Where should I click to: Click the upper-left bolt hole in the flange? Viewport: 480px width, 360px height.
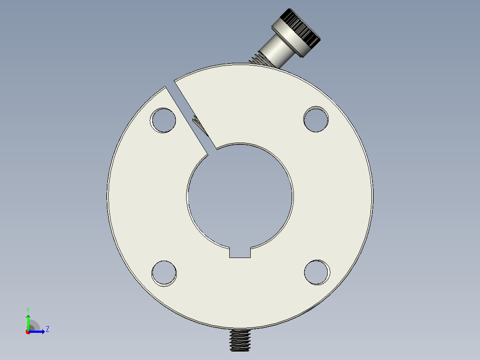163,120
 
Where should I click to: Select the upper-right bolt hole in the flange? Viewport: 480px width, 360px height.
316,119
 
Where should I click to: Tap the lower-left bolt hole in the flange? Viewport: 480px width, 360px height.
164,273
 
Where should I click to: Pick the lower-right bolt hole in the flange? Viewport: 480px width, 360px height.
317,272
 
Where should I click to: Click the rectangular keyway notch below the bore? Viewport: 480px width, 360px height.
240,252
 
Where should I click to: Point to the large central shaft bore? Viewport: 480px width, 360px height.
240,196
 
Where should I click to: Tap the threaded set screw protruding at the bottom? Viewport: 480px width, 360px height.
240,340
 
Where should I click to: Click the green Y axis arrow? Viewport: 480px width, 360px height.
28,322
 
